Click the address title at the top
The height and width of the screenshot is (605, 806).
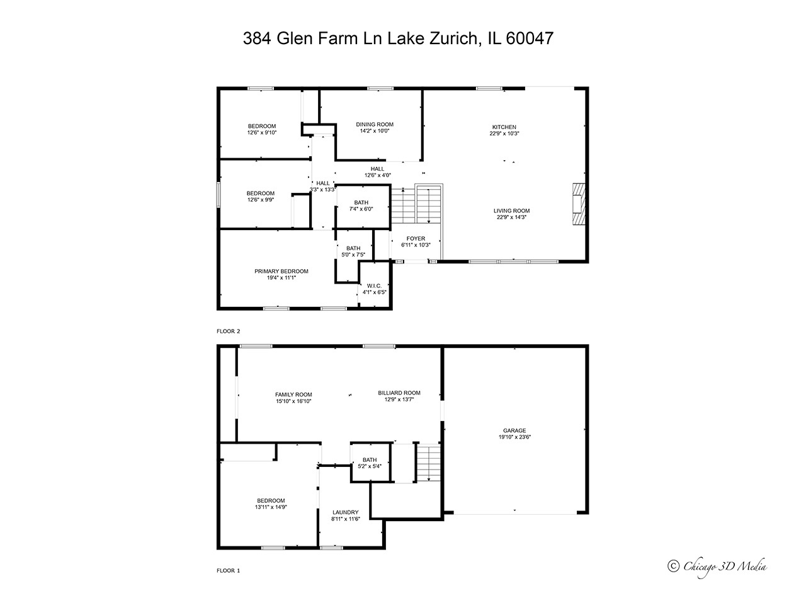tap(398, 38)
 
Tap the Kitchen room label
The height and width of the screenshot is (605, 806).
tap(504, 127)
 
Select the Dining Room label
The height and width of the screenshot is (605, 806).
tap(375, 125)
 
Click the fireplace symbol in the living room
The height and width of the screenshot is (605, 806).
tap(578, 204)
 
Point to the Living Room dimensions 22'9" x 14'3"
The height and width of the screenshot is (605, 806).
tap(511, 217)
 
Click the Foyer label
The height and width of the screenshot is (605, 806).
tap(416, 239)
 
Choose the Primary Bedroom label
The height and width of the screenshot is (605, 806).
tap(281, 272)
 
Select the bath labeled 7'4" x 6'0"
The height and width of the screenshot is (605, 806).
tap(361, 205)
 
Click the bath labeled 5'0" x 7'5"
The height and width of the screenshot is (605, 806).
tap(353, 251)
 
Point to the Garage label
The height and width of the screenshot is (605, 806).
tap(514, 431)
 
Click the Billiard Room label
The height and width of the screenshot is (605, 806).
tap(399, 393)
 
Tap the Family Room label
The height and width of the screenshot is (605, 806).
tap(293, 395)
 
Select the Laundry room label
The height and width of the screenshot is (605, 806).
tap(345, 512)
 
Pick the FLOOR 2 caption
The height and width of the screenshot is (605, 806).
tap(229, 331)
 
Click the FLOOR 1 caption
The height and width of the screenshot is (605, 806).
tap(229, 570)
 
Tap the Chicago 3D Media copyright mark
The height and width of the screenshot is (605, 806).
tap(717, 566)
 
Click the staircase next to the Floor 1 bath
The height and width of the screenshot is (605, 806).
tap(427, 463)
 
